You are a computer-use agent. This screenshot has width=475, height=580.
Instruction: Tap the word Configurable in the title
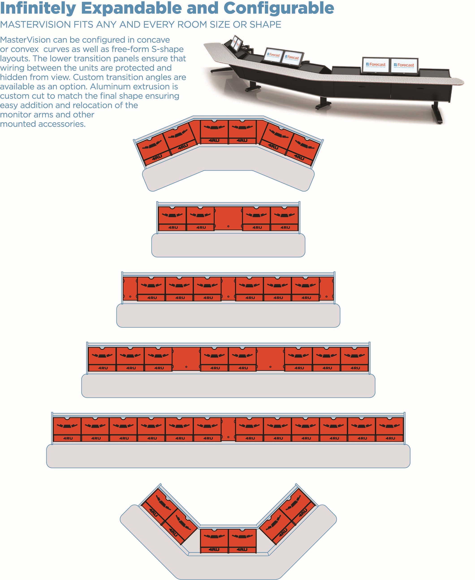pos(279,8)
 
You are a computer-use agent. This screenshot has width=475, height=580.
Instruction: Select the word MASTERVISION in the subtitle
pos(36,24)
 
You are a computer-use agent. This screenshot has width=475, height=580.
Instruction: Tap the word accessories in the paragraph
pos(62,124)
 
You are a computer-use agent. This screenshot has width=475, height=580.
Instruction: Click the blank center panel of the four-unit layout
pos(228,218)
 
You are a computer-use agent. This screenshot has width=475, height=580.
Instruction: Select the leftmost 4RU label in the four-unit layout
pos(173,227)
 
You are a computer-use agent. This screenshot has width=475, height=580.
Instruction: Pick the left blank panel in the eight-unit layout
pos(186,359)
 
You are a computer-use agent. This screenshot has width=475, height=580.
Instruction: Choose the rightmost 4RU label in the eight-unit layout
pos(355,368)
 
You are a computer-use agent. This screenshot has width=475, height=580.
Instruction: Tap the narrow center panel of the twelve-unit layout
pos(228,429)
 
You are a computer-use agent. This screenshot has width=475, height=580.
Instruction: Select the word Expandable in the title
pos(131,8)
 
